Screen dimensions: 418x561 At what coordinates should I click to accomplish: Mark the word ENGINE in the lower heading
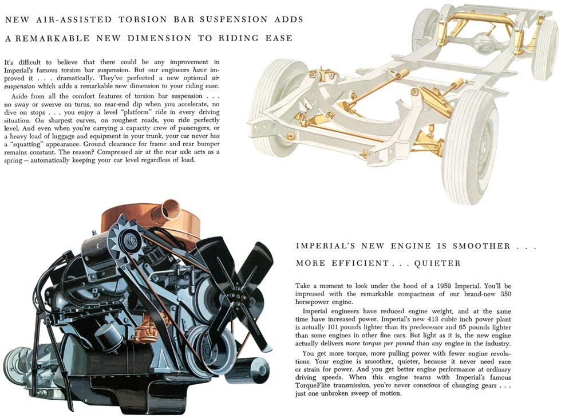pyautogui.click(x=410, y=246)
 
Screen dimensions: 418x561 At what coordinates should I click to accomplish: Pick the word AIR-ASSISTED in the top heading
pyautogui.click(x=75, y=19)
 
